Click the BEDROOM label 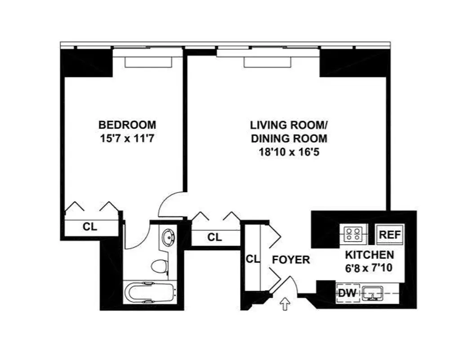pyautogui.click(x=127, y=124)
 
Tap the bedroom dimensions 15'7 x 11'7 pyautogui.click(x=127, y=138)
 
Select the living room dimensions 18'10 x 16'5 pyautogui.click(x=289, y=152)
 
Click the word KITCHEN pyautogui.click(x=370, y=255)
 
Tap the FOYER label pyautogui.click(x=291, y=260)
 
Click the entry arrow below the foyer pyautogui.click(x=284, y=304)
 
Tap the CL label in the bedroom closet pyautogui.click(x=90, y=227)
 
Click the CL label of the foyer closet pyautogui.click(x=253, y=259)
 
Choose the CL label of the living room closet pyautogui.click(x=215, y=237)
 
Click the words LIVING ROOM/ pyautogui.click(x=289, y=125)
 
